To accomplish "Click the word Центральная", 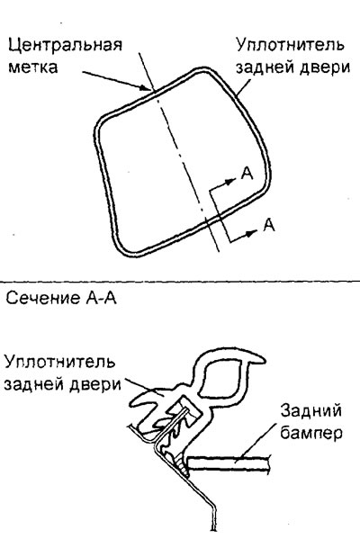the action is tap(65, 45).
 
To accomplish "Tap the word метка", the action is tap(33, 67).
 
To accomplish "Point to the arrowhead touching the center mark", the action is tap(146, 88).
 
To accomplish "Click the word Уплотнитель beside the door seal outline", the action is tap(290, 45).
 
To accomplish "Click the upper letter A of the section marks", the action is tap(247, 174).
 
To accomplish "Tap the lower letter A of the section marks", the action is tap(269, 225).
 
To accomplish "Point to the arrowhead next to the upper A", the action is tap(230, 180).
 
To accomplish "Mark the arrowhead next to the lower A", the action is tap(252, 233).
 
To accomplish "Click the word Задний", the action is tap(310, 411).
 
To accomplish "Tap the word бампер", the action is tap(310, 433).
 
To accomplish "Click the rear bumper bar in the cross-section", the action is tap(229, 463).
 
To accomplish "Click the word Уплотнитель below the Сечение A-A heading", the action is tap(59, 362).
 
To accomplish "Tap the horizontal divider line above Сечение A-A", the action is tap(180, 281).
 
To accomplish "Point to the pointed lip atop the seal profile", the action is tap(256, 361).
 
